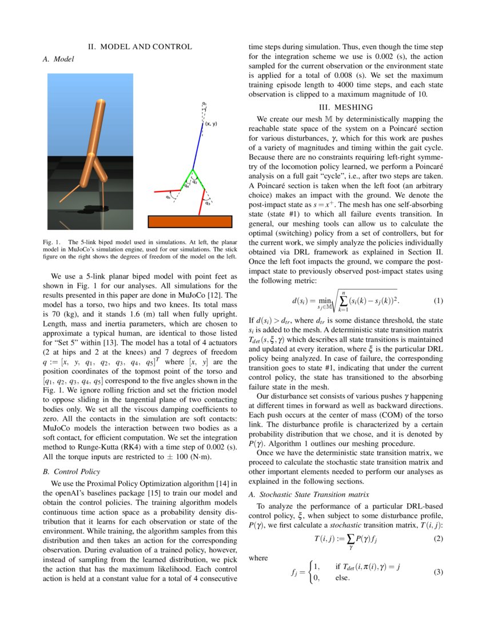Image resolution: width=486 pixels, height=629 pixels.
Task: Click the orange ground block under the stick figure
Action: [x=190, y=222]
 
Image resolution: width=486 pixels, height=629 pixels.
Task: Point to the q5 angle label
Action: [x=168, y=197]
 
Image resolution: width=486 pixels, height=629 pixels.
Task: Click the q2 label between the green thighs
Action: [x=195, y=182]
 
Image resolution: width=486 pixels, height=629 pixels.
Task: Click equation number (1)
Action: [x=438, y=301]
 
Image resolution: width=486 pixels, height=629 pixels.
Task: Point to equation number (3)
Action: [x=438, y=572]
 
